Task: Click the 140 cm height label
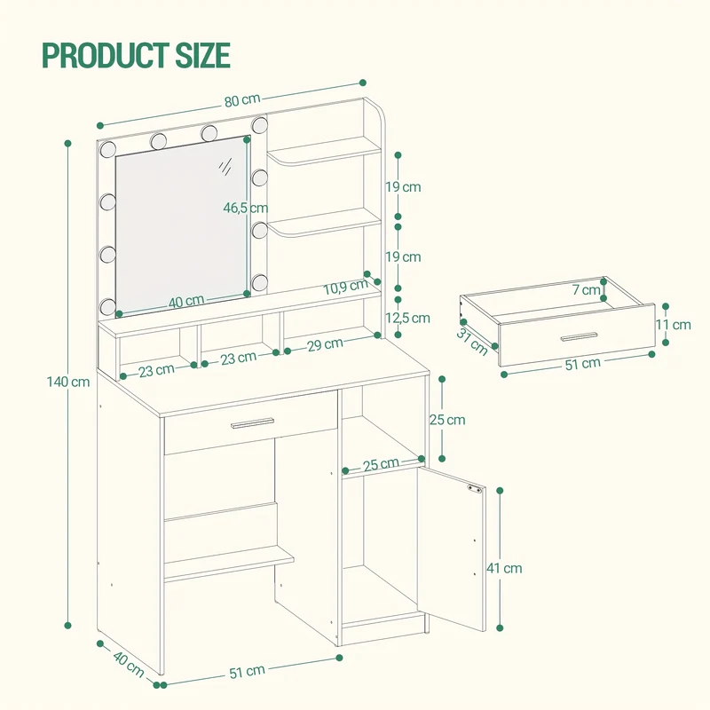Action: pyautogui.click(x=68, y=382)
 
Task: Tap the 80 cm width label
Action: pyautogui.click(x=242, y=100)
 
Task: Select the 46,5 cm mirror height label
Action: pyautogui.click(x=246, y=208)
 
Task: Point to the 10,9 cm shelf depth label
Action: pyautogui.click(x=345, y=287)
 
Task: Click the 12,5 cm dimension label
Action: pyautogui.click(x=407, y=318)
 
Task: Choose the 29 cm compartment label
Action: pyautogui.click(x=325, y=345)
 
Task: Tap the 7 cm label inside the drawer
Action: pyautogui.click(x=586, y=289)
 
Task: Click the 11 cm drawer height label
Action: pyautogui.click(x=674, y=324)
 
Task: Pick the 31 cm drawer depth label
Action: pyautogui.click(x=472, y=342)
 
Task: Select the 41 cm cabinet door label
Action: pyautogui.click(x=504, y=568)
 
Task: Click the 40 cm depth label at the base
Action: pyautogui.click(x=128, y=664)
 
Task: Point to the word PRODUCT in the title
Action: pyautogui.click(x=105, y=55)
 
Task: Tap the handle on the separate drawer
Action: pyautogui.click(x=580, y=336)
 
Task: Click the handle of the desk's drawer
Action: pyautogui.click(x=252, y=423)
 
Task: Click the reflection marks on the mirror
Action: pyautogui.click(x=225, y=167)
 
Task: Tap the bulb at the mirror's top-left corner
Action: pyautogui.click(x=108, y=149)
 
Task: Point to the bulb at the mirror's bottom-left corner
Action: pyautogui.click(x=107, y=306)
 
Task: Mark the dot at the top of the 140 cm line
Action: pyautogui.click(x=68, y=144)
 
